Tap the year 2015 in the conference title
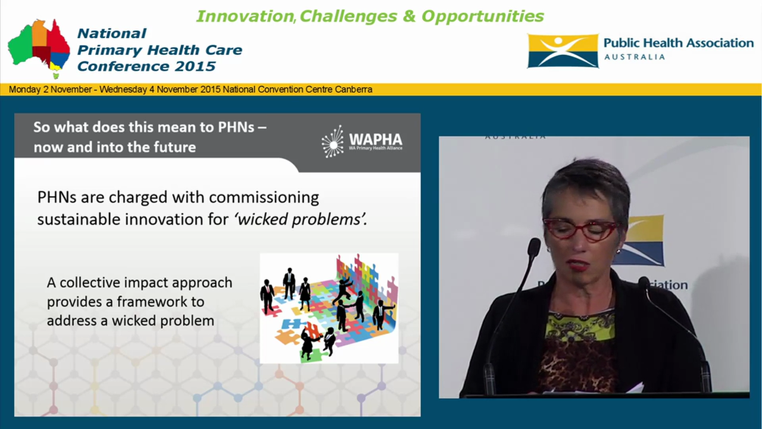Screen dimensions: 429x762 click(196, 66)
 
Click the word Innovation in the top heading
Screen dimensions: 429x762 click(244, 16)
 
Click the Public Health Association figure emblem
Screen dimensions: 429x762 click(563, 51)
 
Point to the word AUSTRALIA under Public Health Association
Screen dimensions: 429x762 click(635, 57)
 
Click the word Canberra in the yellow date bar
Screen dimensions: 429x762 click(355, 89)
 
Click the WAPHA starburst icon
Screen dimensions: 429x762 click(332, 142)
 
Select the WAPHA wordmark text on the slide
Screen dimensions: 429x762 click(374, 139)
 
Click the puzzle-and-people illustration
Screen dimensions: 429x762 click(329, 308)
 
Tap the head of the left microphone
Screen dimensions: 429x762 click(534, 247)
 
